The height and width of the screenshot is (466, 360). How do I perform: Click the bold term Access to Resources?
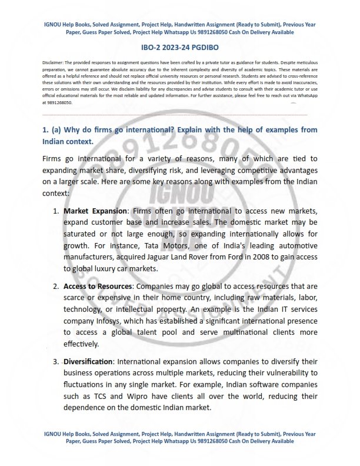click(98, 286)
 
